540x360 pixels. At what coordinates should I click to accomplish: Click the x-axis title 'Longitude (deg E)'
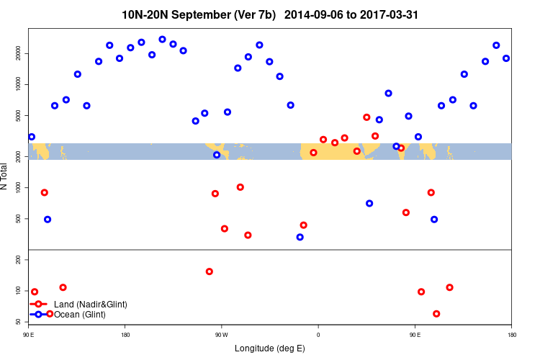(x=270, y=348)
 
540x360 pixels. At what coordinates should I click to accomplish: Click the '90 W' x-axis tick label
(x=221, y=334)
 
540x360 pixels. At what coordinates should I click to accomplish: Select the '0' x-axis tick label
(x=318, y=334)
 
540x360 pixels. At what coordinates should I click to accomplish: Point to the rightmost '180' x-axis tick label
(x=511, y=334)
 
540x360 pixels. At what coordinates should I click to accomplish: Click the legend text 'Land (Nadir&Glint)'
(x=91, y=305)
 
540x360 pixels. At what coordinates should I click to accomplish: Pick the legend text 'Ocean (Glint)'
(x=81, y=315)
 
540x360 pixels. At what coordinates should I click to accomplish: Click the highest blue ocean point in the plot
(x=162, y=40)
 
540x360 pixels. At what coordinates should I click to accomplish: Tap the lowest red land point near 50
(x=436, y=314)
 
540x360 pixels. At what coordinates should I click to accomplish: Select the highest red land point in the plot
(x=366, y=117)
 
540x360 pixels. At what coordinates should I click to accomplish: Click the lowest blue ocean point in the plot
(x=300, y=237)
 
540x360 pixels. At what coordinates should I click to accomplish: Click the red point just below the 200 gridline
(x=210, y=271)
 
